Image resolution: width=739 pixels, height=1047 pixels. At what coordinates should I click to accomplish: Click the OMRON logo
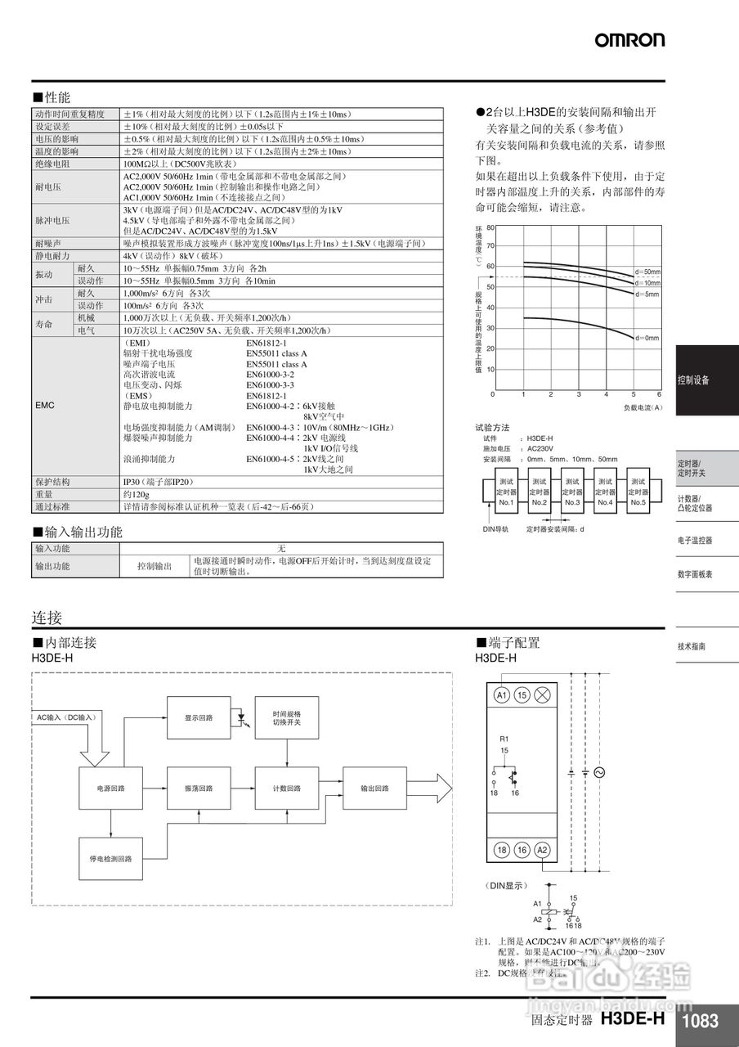coord(629,39)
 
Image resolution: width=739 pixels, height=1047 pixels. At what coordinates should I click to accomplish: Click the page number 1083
coord(700,1021)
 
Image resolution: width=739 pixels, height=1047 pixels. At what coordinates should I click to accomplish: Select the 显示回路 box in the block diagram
coord(198,717)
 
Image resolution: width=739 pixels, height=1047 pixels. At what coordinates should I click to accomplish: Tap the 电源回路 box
coord(110,789)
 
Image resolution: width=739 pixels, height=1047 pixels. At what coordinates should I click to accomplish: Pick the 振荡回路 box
coord(198,789)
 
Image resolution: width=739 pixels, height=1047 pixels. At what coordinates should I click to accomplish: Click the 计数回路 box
coord(286,789)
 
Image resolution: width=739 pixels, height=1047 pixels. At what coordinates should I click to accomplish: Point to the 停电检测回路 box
coord(110,859)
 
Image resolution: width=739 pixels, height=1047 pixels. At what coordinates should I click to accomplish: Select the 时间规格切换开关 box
coord(286,717)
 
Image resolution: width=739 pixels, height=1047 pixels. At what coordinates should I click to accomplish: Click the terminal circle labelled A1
coord(502,694)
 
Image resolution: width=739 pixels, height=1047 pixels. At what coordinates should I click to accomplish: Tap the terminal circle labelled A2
coord(541,851)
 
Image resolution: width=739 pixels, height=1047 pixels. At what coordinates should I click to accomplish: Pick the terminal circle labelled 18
coord(502,851)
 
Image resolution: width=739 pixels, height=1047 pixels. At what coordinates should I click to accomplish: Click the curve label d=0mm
coord(647,337)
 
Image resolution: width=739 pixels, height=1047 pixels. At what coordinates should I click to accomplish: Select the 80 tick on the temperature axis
coord(490,227)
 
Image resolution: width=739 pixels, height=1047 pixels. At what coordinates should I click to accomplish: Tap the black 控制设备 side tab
coord(706,380)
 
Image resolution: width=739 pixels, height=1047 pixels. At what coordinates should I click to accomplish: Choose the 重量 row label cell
coord(44,494)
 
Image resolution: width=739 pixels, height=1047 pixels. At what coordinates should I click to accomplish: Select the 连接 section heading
coord(47,618)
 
